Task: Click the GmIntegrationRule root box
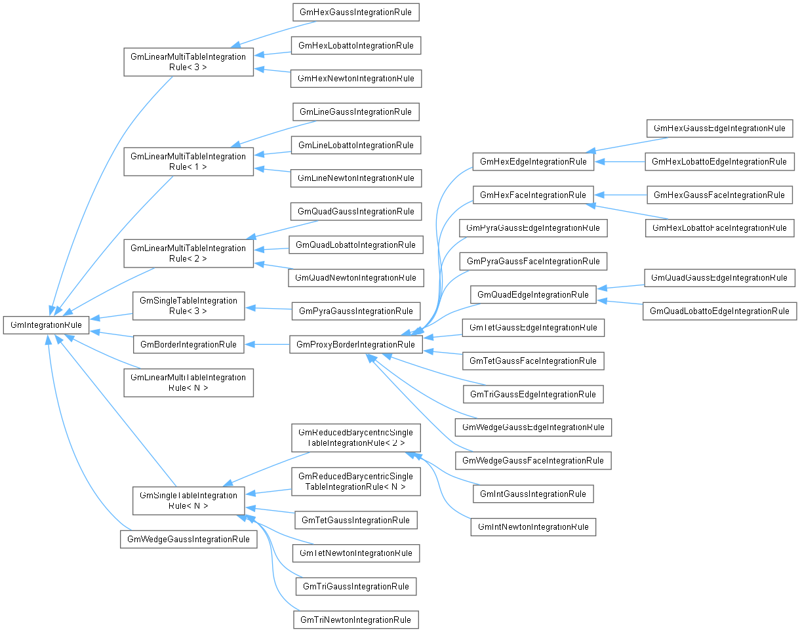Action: [46, 325]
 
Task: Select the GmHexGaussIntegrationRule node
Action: [356, 12]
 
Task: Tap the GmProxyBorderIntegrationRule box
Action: [356, 345]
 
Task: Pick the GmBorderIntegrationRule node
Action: [188, 345]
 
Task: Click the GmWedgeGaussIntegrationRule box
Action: [188, 539]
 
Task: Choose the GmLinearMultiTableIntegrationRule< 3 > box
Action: [188, 62]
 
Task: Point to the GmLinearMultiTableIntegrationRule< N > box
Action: [188, 383]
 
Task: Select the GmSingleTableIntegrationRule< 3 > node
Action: [188, 306]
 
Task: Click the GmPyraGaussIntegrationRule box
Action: [356, 311]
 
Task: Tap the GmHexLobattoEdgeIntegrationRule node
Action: [719, 162]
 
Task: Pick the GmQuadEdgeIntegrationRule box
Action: [533, 295]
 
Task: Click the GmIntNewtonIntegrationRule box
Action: [533, 527]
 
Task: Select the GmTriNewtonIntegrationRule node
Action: [356, 620]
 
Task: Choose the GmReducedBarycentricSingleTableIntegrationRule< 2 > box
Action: [356, 437]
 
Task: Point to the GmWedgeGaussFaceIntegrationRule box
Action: [533, 461]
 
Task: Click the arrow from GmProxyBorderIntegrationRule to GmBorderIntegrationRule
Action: [267, 345]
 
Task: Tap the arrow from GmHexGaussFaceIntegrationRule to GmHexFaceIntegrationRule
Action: [620, 195]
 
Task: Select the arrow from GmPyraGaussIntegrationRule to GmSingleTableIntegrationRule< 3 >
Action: [268, 308]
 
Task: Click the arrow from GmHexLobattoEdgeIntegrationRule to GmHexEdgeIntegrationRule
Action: [619, 162]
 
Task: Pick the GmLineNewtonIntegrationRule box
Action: [356, 178]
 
